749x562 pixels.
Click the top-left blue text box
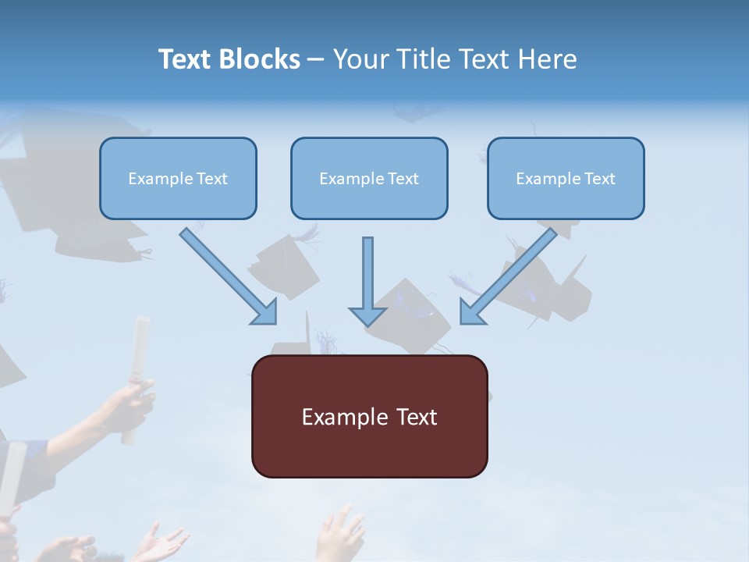(178, 178)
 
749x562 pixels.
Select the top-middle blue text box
(369, 178)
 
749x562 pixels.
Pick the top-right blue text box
(566, 178)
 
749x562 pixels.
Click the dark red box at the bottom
(369, 416)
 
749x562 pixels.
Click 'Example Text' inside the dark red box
(369, 417)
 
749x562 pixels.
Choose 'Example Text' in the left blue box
(178, 179)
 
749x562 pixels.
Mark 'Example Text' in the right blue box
(566, 179)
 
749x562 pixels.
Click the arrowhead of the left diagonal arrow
(264, 311)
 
